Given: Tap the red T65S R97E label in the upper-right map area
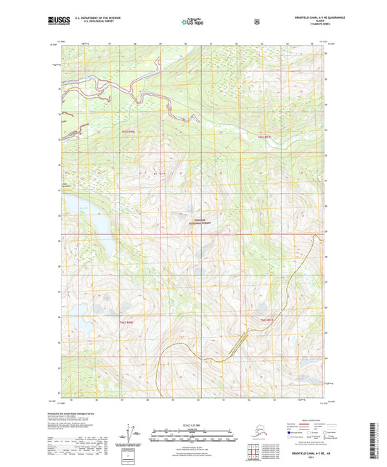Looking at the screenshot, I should (263, 136).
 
